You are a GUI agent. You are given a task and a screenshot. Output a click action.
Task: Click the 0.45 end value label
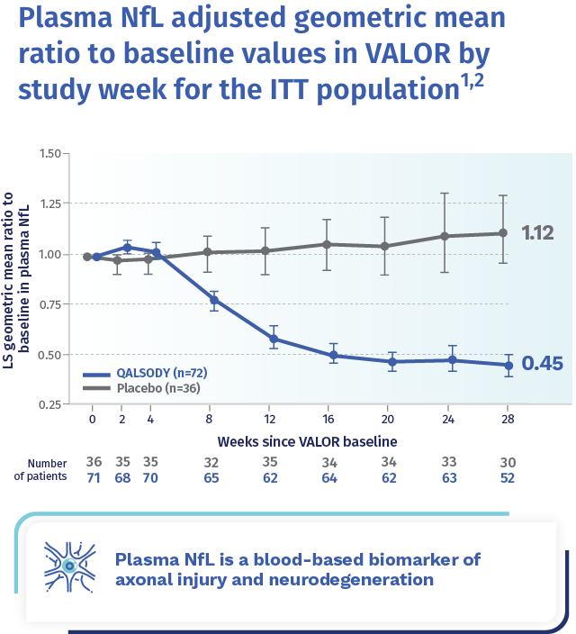(x=542, y=364)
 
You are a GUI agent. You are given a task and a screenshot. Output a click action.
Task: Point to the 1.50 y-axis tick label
(x=50, y=154)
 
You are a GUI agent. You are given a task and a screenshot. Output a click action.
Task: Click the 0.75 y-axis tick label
(x=50, y=304)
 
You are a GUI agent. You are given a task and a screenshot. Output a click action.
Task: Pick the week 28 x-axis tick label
(x=508, y=418)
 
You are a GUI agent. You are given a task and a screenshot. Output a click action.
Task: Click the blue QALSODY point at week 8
(x=214, y=301)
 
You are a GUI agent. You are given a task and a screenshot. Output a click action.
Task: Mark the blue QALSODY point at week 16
(x=333, y=356)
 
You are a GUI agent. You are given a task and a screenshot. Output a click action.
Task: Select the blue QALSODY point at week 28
(x=508, y=365)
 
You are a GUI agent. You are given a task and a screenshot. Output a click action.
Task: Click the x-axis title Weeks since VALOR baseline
(x=306, y=442)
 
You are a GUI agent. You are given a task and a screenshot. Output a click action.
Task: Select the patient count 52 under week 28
(x=508, y=478)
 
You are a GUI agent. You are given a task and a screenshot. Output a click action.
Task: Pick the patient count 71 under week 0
(x=93, y=478)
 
